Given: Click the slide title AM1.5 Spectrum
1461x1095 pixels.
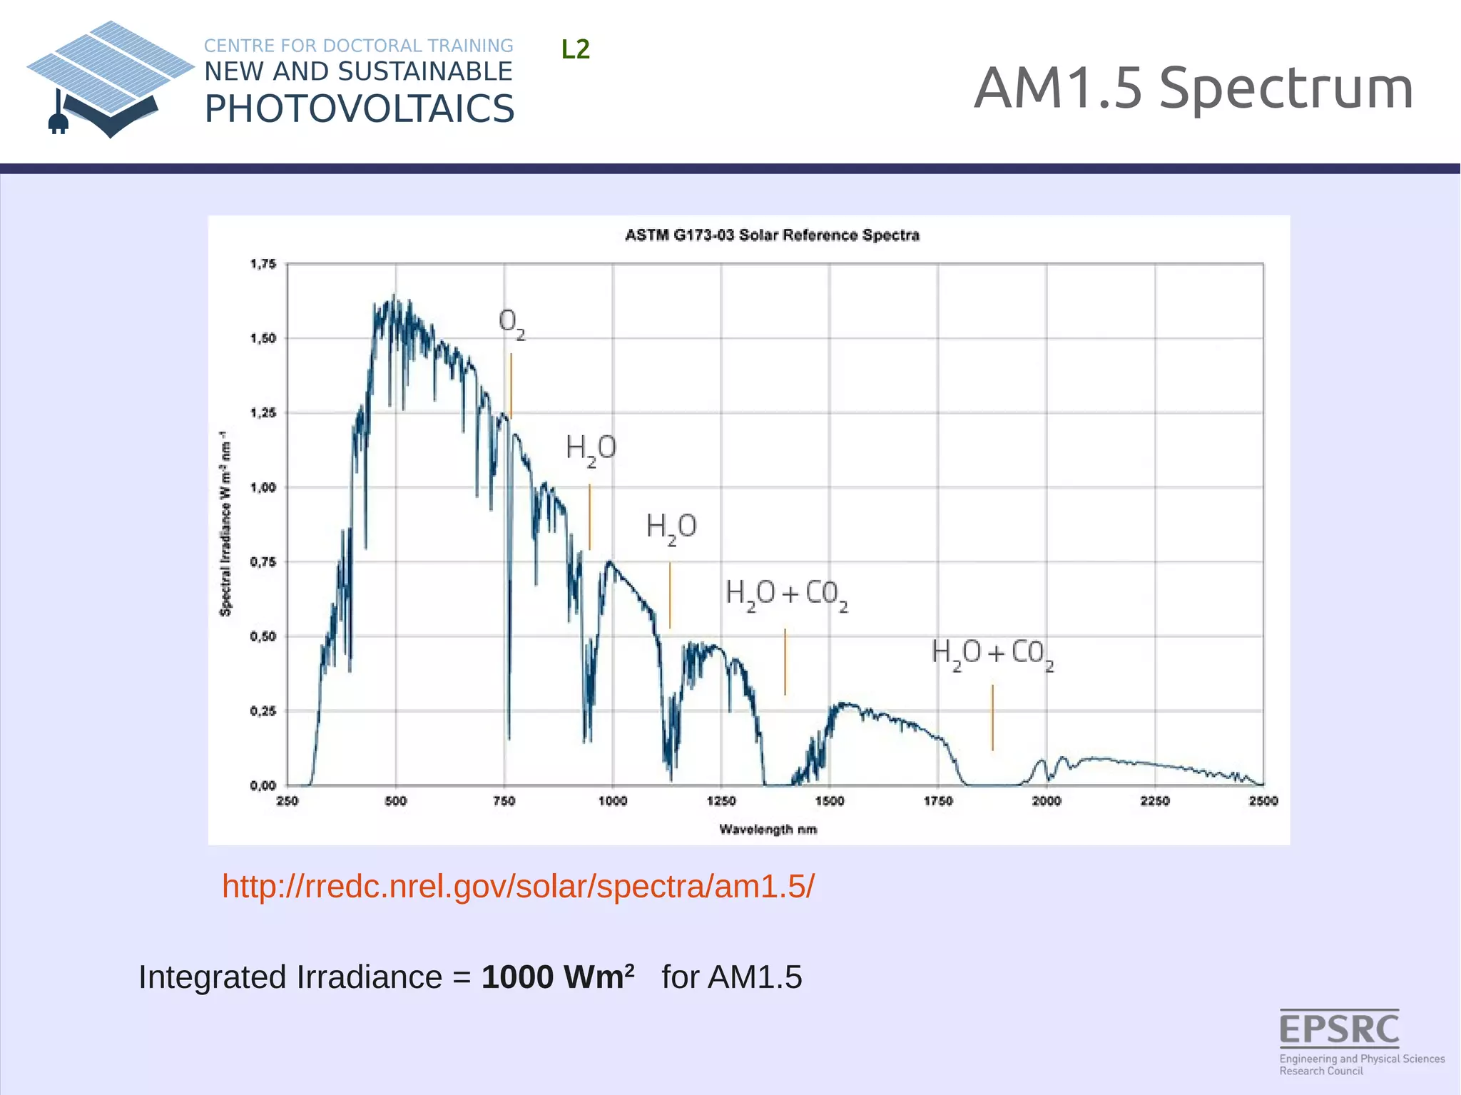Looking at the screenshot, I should tap(1193, 88).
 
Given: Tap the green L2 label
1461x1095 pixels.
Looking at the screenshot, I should tap(575, 49).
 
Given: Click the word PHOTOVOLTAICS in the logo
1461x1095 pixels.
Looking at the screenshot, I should tap(359, 109).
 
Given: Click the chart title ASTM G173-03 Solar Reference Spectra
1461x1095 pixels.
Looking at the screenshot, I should tap(772, 235).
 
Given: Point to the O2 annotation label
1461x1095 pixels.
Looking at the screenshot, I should tap(511, 324).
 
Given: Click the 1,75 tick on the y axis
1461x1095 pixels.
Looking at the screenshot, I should tap(263, 265).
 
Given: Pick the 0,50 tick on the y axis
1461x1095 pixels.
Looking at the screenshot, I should tap(263, 636).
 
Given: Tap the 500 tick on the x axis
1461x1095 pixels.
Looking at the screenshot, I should tap(396, 801).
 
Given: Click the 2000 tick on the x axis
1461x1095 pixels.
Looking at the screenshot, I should tap(1047, 801).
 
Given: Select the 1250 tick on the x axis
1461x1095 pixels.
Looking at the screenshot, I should tap(721, 801).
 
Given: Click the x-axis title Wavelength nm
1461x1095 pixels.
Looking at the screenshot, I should tap(768, 830).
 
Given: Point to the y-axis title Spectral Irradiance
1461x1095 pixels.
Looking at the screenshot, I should tap(225, 524).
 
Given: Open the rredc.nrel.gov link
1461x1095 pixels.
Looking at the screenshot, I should tap(518, 887).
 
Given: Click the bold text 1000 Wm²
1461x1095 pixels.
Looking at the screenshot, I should tap(558, 977).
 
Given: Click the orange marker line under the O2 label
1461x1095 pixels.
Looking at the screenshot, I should tap(511, 385).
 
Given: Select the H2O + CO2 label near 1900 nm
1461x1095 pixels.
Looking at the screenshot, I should tap(992, 654).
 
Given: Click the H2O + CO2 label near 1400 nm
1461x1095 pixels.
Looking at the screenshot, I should tap(786, 594).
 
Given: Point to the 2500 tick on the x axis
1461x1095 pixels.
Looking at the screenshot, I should tap(1263, 801).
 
